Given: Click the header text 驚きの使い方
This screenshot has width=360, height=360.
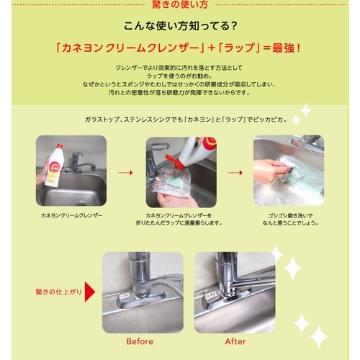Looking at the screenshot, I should coord(180,6).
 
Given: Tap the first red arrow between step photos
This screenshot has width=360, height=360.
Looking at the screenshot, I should coord(125,173).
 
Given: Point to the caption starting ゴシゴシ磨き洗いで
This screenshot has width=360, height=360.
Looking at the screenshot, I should coord(288,220).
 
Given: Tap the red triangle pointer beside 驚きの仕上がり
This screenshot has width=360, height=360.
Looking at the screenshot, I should coord(91,292).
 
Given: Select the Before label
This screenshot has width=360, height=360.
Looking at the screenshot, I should coord(141,341).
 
